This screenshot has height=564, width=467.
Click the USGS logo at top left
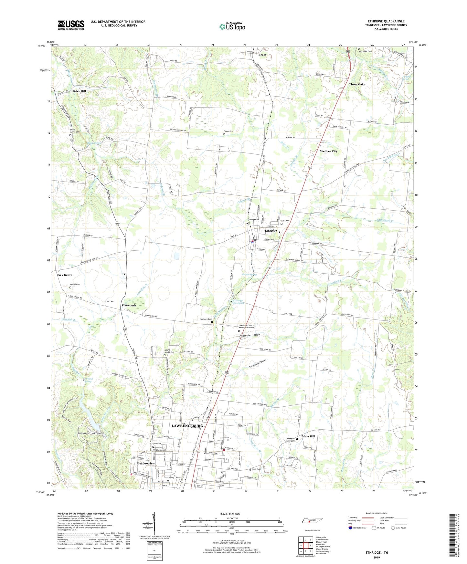(71, 25)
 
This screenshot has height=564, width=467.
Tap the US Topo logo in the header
(232, 26)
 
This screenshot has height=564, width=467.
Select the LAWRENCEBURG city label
(187, 426)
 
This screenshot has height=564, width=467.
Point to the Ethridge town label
(271, 231)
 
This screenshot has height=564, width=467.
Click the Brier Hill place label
(79, 91)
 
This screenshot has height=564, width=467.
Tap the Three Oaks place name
(357, 85)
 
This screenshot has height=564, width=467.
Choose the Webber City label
(328, 151)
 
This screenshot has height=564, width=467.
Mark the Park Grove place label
(64, 275)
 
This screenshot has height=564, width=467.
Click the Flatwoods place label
(129, 305)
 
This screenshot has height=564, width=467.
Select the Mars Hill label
(308, 436)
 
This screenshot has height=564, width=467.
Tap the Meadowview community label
(146, 463)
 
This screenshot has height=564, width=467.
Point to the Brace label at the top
(262, 55)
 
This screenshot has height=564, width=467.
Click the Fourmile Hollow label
(249, 335)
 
